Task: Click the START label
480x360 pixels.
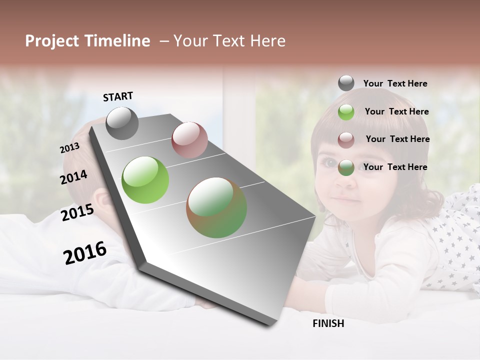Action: [x=118, y=96]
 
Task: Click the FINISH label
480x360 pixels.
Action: [x=328, y=323]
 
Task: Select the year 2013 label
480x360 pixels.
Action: [x=69, y=148]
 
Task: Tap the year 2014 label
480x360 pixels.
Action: [x=74, y=177]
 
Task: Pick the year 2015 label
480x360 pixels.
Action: [x=77, y=212]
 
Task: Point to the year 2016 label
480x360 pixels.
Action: [x=85, y=252]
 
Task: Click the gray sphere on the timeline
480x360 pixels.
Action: [x=122, y=123]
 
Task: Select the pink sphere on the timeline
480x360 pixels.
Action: [x=189, y=139]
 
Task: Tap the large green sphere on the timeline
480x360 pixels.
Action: [x=145, y=180]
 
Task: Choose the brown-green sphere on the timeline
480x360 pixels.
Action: [x=216, y=207]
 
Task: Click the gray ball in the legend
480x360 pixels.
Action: [x=346, y=83]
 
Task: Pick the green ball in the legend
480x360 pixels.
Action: [x=346, y=112]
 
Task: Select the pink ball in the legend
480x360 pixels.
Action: [x=346, y=139]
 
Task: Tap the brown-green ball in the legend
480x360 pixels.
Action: [x=346, y=167]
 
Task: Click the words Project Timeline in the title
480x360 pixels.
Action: [x=87, y=41]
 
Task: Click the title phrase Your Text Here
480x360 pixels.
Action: [x=229, y=41]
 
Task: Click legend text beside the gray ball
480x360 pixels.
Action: [x=395, y=83]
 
